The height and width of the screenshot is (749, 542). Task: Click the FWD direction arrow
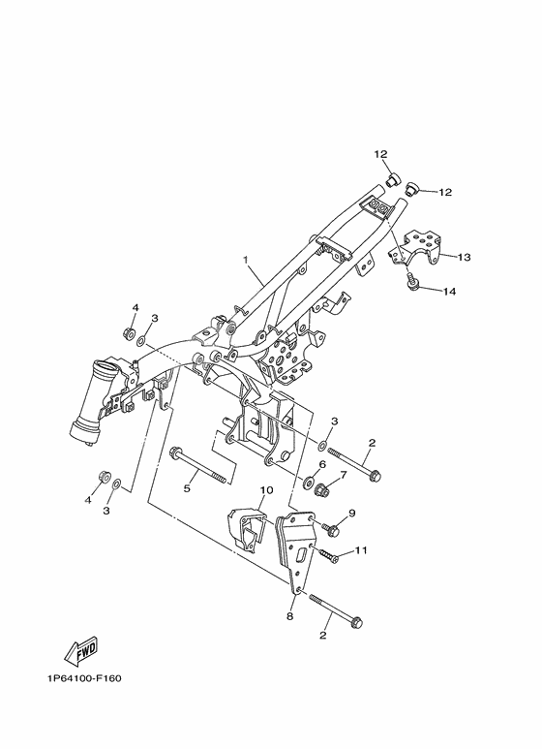pyautogui.click(x=81, y=650)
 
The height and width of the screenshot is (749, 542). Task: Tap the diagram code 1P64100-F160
pyautogui.click(x=84, y=679)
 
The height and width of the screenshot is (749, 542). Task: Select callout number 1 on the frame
pyautogui.click(x=246, y=260)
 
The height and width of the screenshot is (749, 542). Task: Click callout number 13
pyautogui.click(x=464, y=257)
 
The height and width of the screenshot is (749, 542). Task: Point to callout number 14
pyautogui.click(x=449, y=291)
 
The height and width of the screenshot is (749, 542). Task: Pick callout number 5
pyautogui.click(x=187, y=488)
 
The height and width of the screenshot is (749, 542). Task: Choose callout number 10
pyautogui.click(x=266, y=490)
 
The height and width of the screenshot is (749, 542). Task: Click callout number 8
pyautogui.click(x=289, y=616)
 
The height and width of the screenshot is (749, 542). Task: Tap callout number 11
pyautogui.click(x=361, y=550)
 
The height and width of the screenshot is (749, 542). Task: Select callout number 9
pyautogui.click(x=352, y=513)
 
